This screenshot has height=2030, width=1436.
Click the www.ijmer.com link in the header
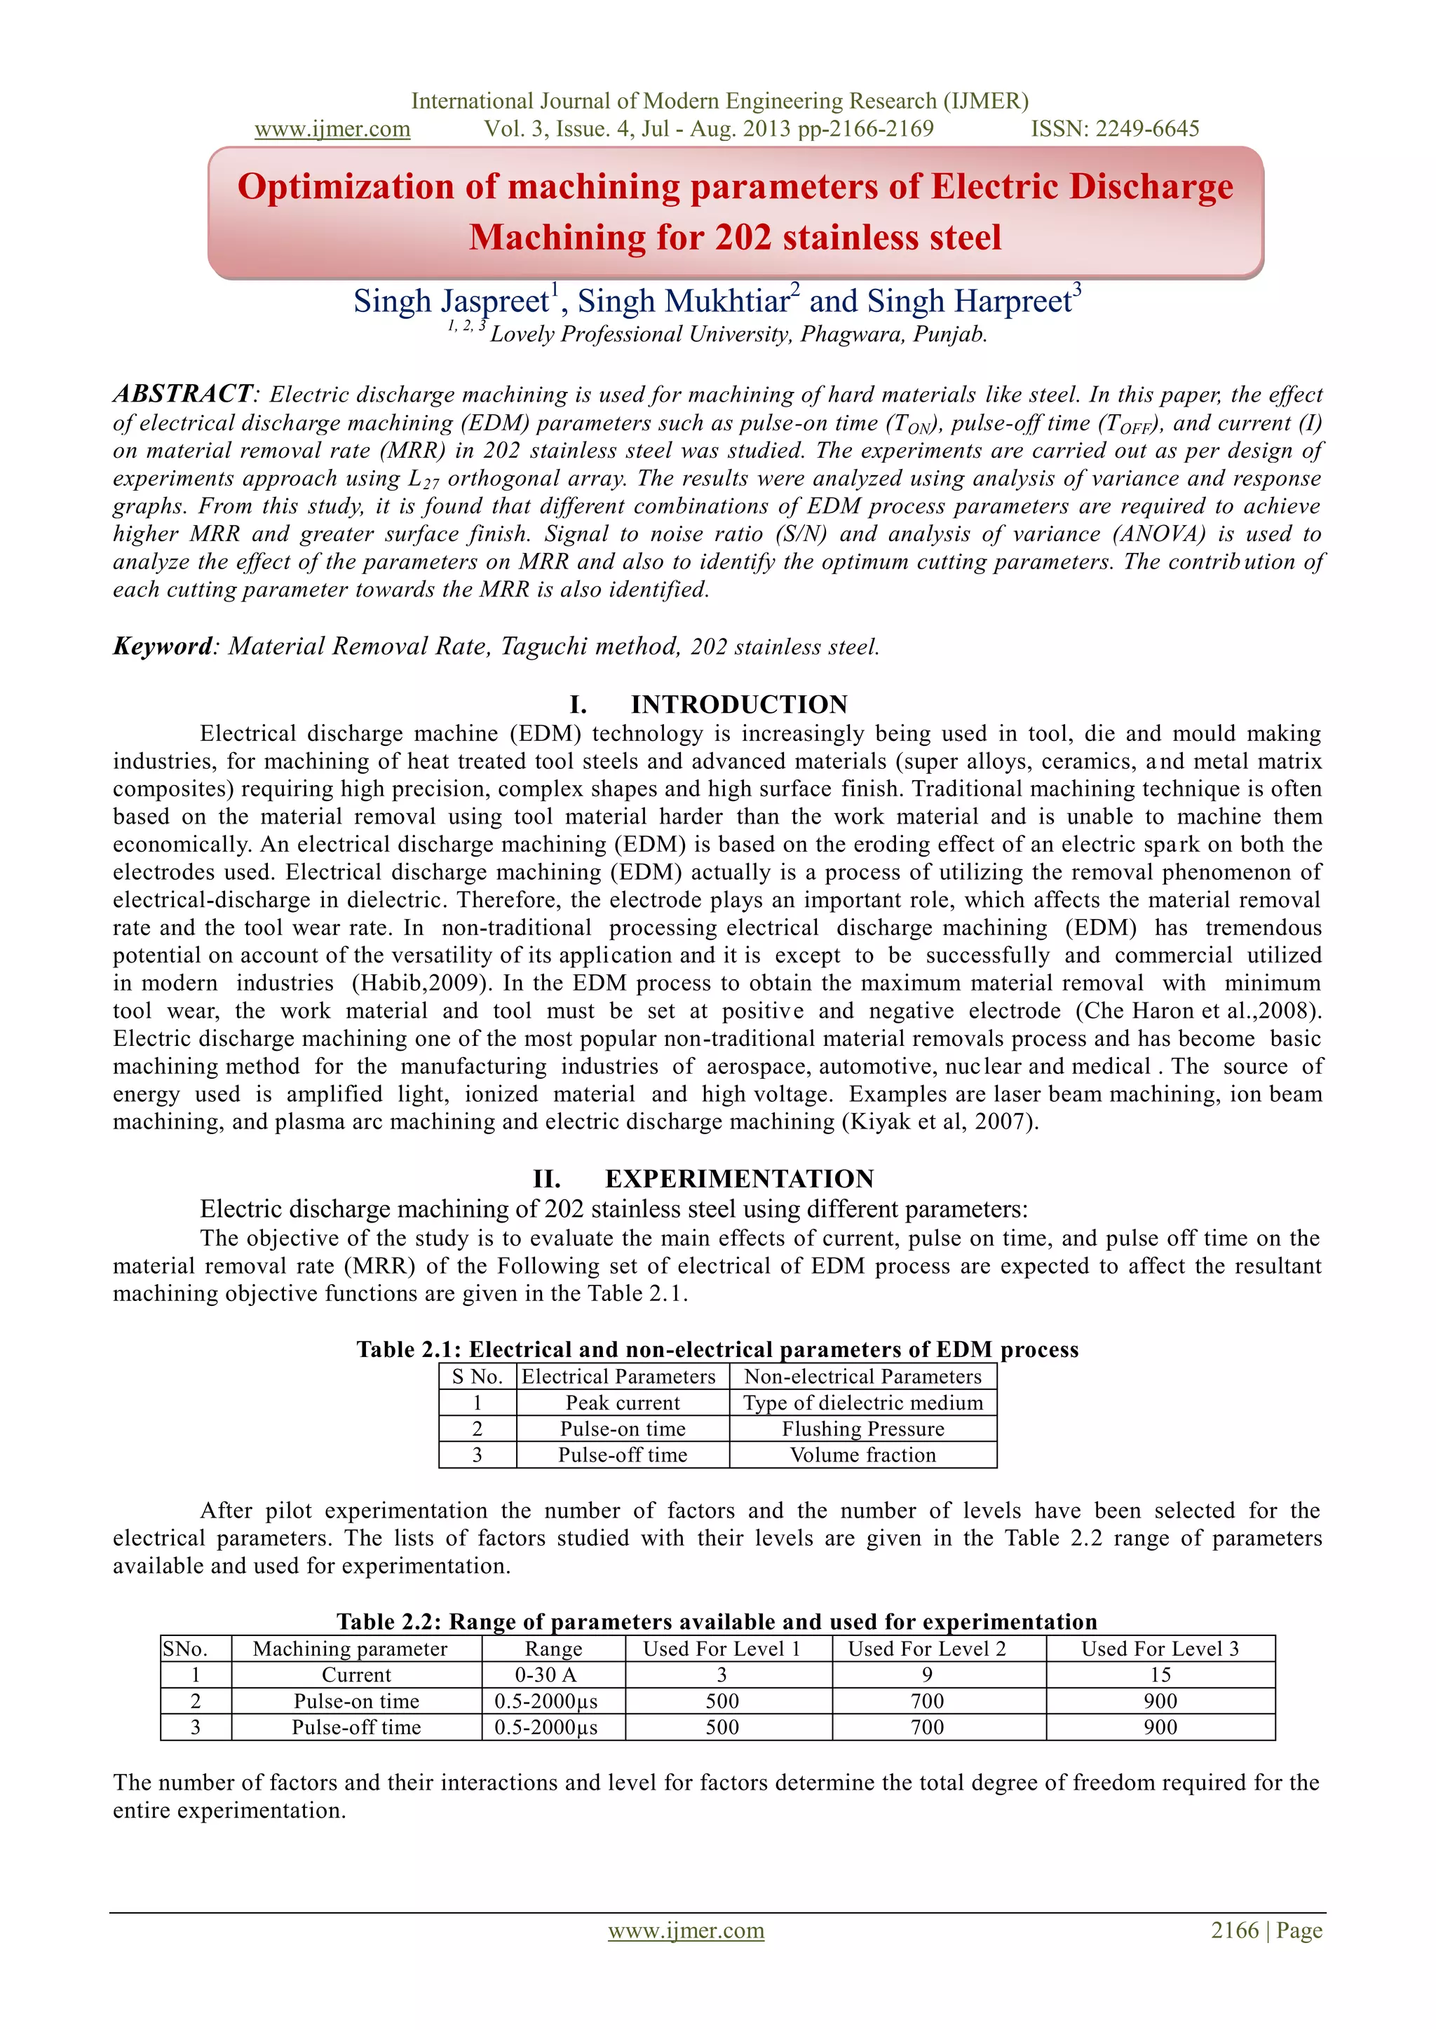pyautogui.click(x=332, y=129)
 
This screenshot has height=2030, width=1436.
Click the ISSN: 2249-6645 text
pyautogui.click(x=1114, y=129)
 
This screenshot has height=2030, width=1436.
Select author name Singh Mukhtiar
pyautogui.click(x=684, y=301)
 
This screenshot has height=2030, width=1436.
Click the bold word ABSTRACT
pyautogui.click(x=183, y=393)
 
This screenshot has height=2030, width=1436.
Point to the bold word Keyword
pyautogui.click(x=163, y=646)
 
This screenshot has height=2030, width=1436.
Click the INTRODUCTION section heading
pyautogui.click(x=738, y=704)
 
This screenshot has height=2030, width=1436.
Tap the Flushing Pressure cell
pyautogui.click(x=863, y=1429)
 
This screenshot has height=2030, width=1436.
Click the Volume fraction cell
pyautogui.click(x=863, y=1455)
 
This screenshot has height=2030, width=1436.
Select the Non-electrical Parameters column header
pyautogui.click(x=863, y=1377)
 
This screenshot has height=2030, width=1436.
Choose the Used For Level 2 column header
pyautogui.click(x=927, y=1649)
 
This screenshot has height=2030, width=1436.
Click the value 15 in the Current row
pyautogui.click(x=1160, y=1675)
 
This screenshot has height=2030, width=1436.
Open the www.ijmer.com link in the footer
pyautogui.click(x=686, y=1931)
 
